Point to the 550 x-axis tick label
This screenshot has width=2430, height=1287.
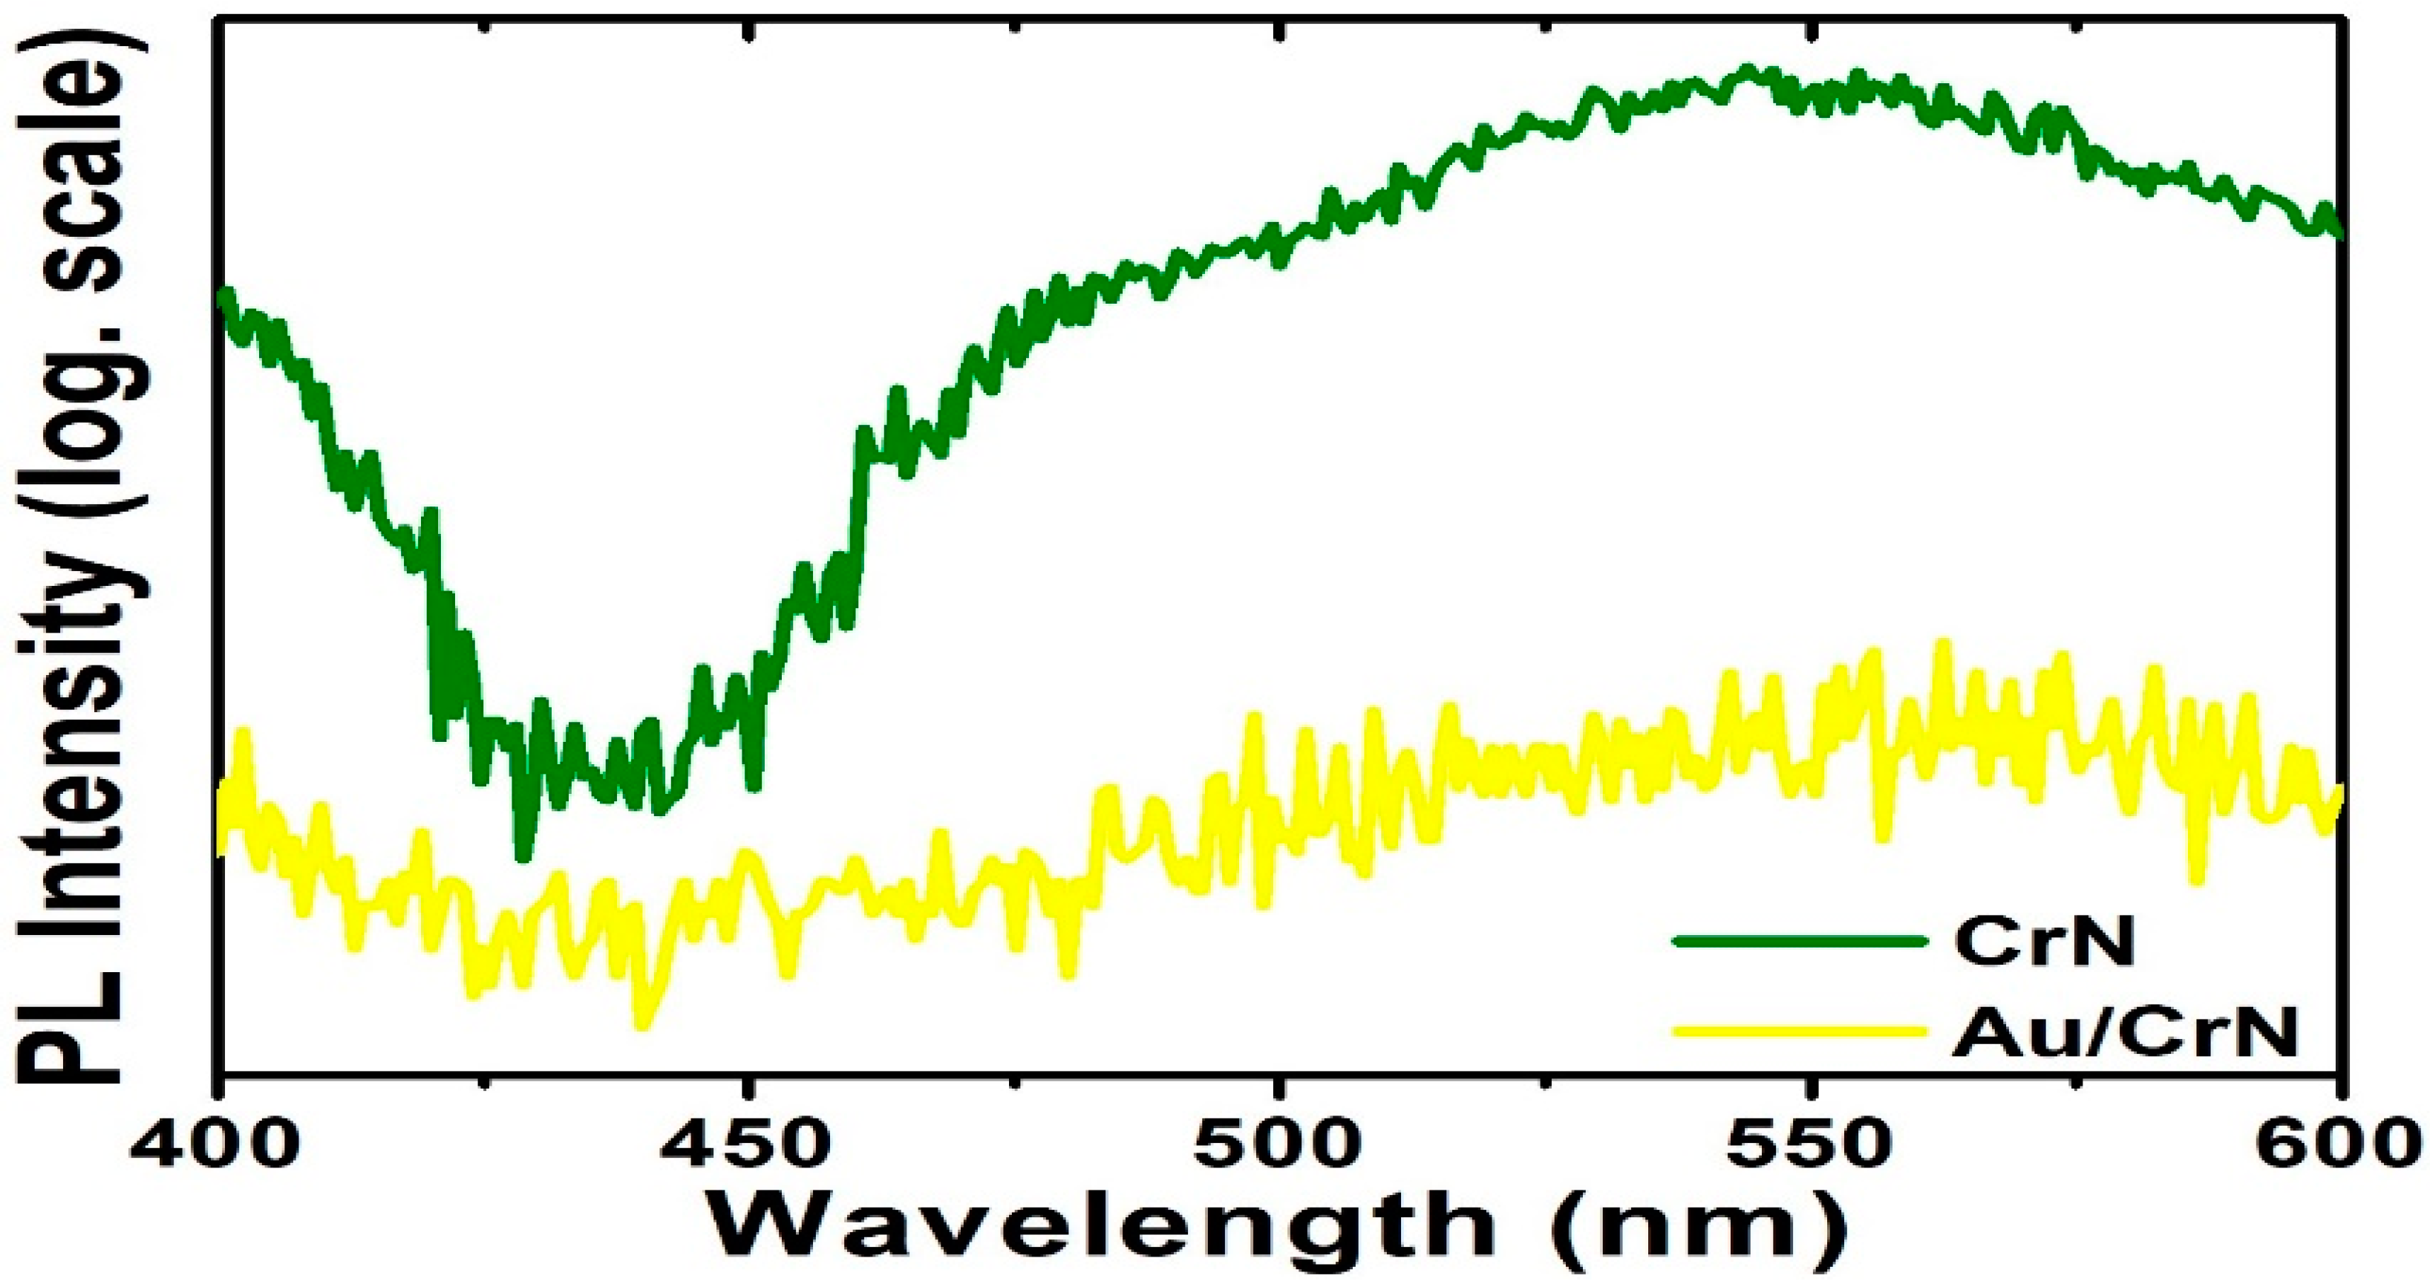click(x=1806, y=1144)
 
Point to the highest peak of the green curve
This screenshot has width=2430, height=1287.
click(x=1748, y=71)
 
